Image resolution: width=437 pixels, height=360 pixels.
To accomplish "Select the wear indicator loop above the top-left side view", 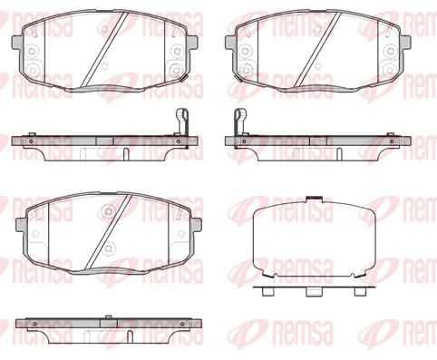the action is [x=182, y=121].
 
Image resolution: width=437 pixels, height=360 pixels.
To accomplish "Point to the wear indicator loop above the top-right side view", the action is [x=240, y=121].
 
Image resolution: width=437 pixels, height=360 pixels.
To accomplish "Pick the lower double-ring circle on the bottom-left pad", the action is [x=108, y=248].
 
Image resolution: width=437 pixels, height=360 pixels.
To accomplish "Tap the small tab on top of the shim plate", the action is [x=314, y=199].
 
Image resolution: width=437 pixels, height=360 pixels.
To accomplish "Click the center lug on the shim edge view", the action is [x=314, y=292].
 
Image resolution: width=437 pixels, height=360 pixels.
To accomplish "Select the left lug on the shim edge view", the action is [x=268, y=291].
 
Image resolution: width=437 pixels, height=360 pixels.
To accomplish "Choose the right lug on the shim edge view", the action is [x=359, y=291].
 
